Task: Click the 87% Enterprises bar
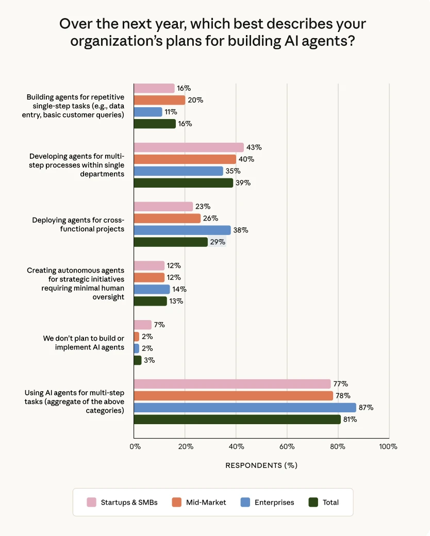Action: (245, 408)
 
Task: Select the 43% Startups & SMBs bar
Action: (189, 147)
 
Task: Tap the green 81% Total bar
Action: (237, 420)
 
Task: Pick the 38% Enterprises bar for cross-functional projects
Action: (182, 230)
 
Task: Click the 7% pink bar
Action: (143, 325)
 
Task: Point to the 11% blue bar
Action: (148, 112)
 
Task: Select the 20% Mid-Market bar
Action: (159, 100)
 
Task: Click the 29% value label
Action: (217, 242)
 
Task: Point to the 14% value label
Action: (179, 290)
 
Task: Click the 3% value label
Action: (149, 360)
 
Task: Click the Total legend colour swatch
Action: (312, 502)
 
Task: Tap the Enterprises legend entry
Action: (269, 502)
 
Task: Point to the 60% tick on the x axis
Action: (287, 446)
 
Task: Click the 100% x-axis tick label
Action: (388, 446)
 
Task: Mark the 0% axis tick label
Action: (135, 446)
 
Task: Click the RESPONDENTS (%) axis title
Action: (261, 465)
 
